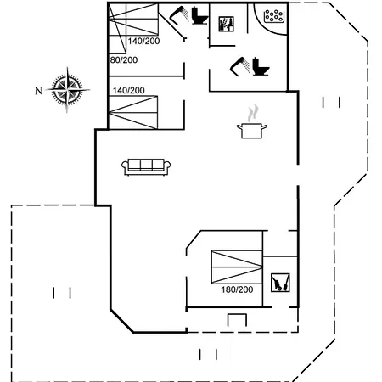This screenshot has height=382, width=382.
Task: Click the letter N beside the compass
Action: tap(38, 91)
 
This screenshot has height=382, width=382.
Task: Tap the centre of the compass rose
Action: tap(67, 90)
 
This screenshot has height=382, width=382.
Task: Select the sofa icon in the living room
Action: tap(146, 167)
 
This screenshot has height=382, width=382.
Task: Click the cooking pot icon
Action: tap(252, 131)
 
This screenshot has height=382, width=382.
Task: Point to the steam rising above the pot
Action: tap(253, 113)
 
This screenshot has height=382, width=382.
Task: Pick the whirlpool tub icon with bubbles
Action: tap(273, 16)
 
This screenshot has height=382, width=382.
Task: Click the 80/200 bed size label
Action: tap(124, 60)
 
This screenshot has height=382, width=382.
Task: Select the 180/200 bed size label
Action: tap(237, 289)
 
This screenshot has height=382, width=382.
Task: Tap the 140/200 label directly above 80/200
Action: tap(143, 41)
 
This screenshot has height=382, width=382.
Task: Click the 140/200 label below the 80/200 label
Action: tap(129, 91)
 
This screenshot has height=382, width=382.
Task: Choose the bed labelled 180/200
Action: tap(237, 267)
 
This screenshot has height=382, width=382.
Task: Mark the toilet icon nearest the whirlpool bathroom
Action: tap(261, 66)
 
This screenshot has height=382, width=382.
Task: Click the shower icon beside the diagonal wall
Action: tap(179, 14)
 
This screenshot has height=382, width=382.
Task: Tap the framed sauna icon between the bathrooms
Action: tap(227, 24)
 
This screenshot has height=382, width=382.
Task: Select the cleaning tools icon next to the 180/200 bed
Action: tap(280, 283)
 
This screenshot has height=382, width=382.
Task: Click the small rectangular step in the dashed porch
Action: tap(237, 320)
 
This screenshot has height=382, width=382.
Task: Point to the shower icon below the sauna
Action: tap(240, 67)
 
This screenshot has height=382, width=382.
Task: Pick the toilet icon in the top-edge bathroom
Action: tap(199, 15)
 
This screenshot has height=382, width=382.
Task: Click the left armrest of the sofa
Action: tap(125, 167)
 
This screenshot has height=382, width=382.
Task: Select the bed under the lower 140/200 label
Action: tap(133, 112)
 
